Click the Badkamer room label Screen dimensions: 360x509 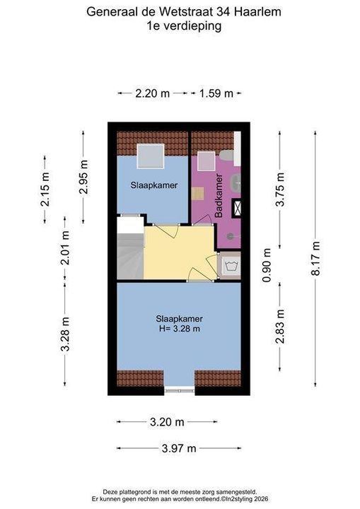click(x=219, y=196)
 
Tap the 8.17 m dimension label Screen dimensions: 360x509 click(x=315, y=259)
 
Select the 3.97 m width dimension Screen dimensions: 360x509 click(x=179, y=448)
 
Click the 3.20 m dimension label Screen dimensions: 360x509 click(x=167, y=422)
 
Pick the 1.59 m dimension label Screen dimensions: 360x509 click(x=216, y=93)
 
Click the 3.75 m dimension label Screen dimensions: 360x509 click(x=280, y=189)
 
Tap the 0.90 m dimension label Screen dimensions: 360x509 click(x=267, y=265)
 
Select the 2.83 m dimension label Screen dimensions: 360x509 click(x=280, y=326)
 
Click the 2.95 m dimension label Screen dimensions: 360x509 click(x=83, y=177)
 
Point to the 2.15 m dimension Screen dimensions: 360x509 click(x=45, y=189)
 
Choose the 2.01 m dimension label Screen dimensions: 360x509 click(x=65, y=247)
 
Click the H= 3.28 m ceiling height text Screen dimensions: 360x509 click(x=180, y=329)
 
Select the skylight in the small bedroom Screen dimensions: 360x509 click(x=151, y=156)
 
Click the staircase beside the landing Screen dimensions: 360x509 click(x=130, y=248)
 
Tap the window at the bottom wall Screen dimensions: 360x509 click(x=180, y=390)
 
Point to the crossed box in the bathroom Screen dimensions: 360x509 click(x=236, y=208)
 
